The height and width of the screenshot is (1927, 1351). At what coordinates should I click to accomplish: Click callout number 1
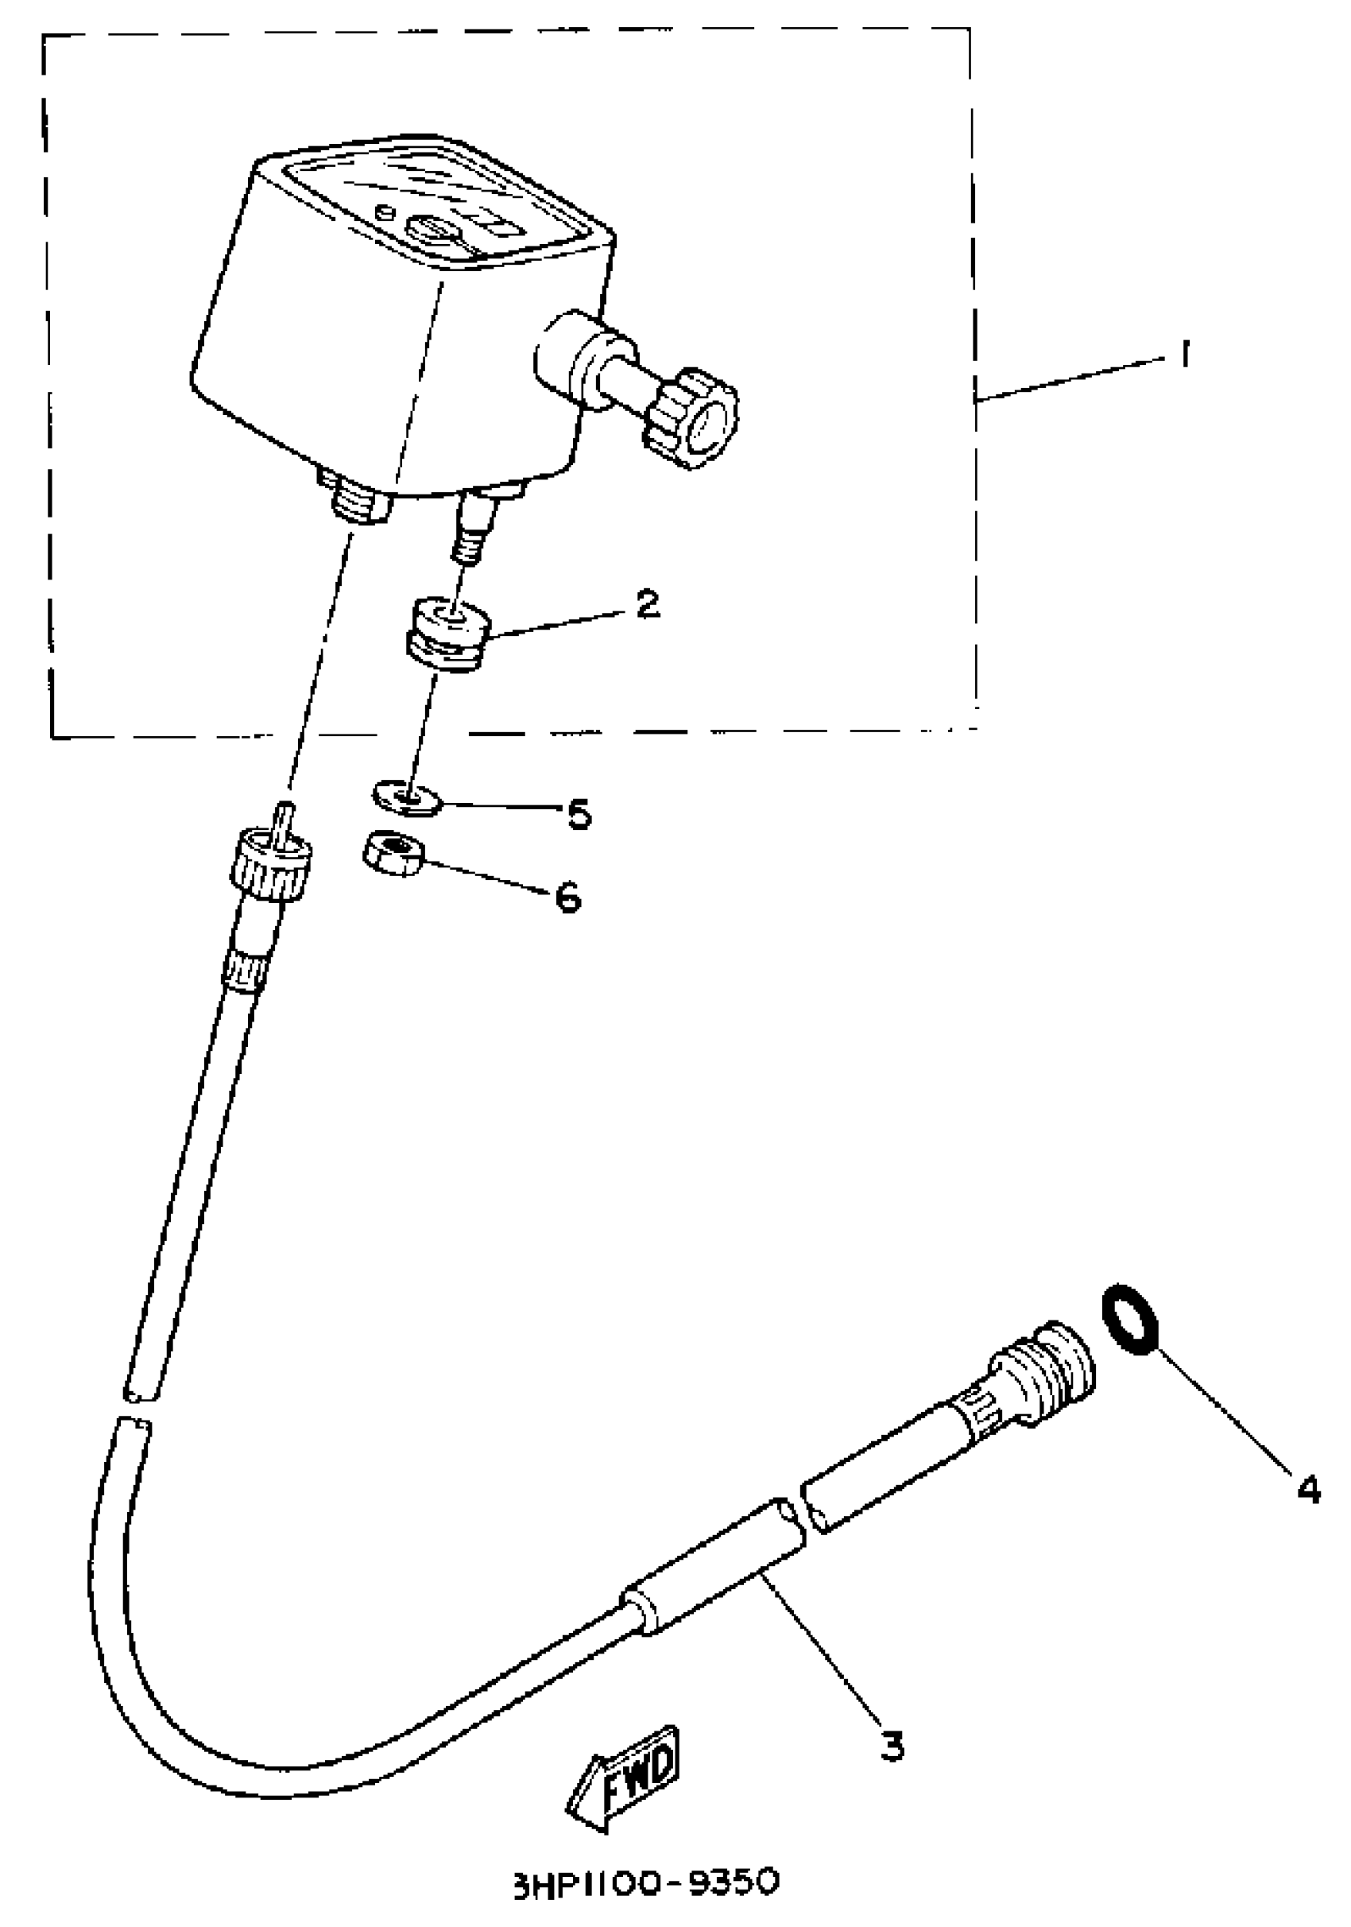click(x=1184, y=355)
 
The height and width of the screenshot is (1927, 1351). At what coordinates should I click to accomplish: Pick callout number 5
click(x=580, y=813)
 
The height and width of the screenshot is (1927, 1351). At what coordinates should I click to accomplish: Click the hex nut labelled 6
click(x=393, y=855)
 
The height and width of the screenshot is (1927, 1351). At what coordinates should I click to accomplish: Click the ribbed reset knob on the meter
click(x=691, y=417)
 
